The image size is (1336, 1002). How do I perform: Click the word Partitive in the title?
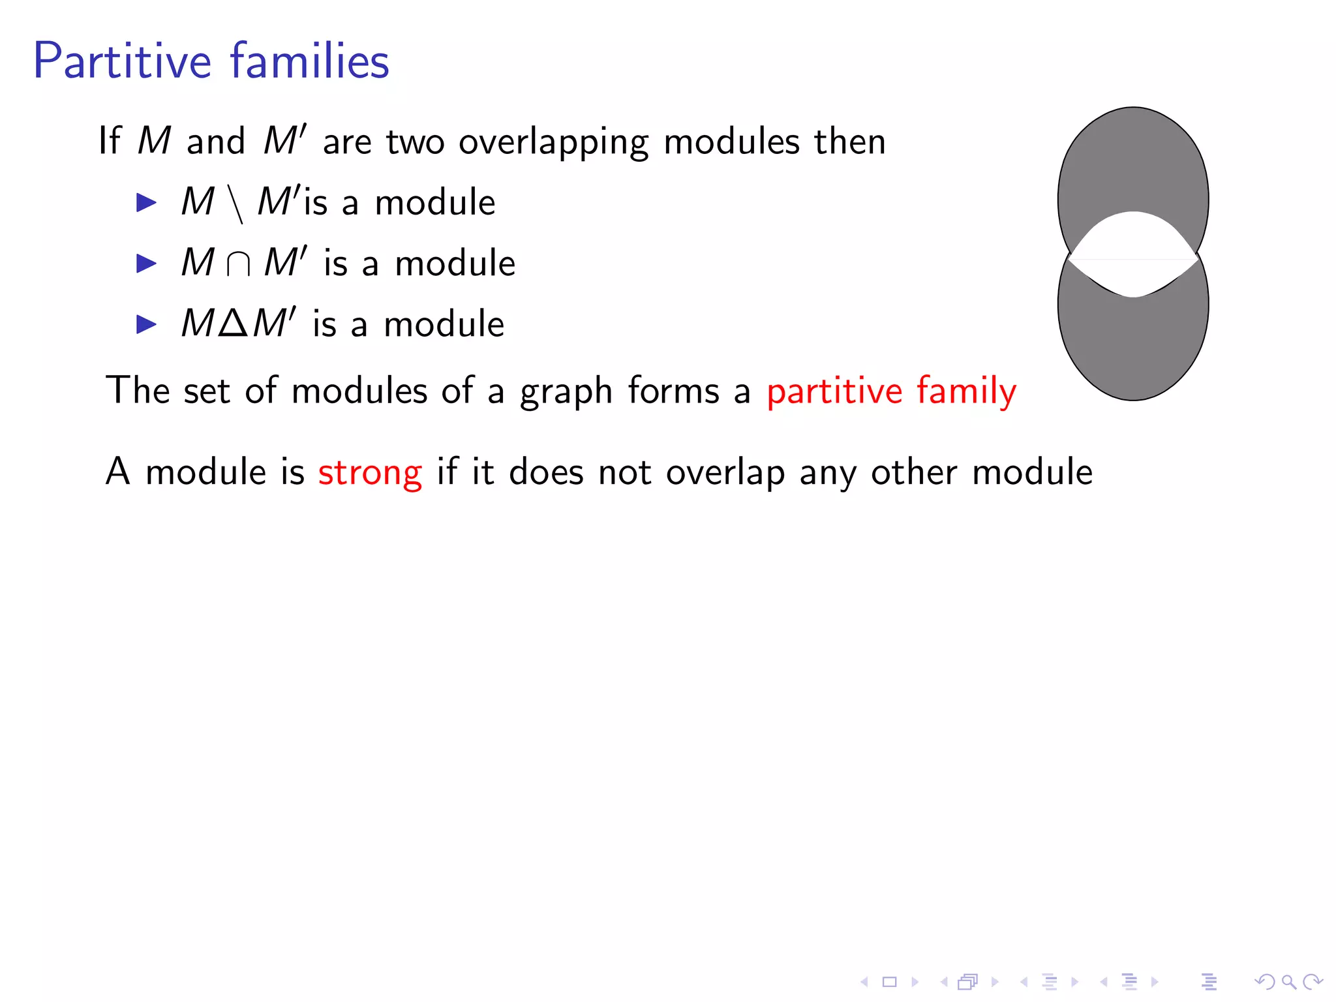tap(123, 61)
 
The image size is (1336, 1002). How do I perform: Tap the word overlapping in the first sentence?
tap(553, 142)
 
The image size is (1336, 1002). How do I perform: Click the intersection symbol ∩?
tap(238, 264)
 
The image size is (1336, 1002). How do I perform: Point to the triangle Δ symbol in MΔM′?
tap(234, 323)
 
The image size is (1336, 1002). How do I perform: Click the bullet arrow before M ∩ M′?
tap(146, 264)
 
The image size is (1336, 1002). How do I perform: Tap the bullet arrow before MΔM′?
tap(146, 324)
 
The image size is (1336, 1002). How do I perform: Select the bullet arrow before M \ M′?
tap(146, 203)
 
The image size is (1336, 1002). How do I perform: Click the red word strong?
tap(370, 472)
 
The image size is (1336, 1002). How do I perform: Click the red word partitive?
tap(834, 391)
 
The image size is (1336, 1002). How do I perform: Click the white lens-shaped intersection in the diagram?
tap(1134, 254)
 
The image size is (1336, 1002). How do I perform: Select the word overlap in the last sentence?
tap(725, 472)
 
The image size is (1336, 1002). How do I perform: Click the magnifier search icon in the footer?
tap(1288, 982)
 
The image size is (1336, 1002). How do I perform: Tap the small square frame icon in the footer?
tap(890, 982)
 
